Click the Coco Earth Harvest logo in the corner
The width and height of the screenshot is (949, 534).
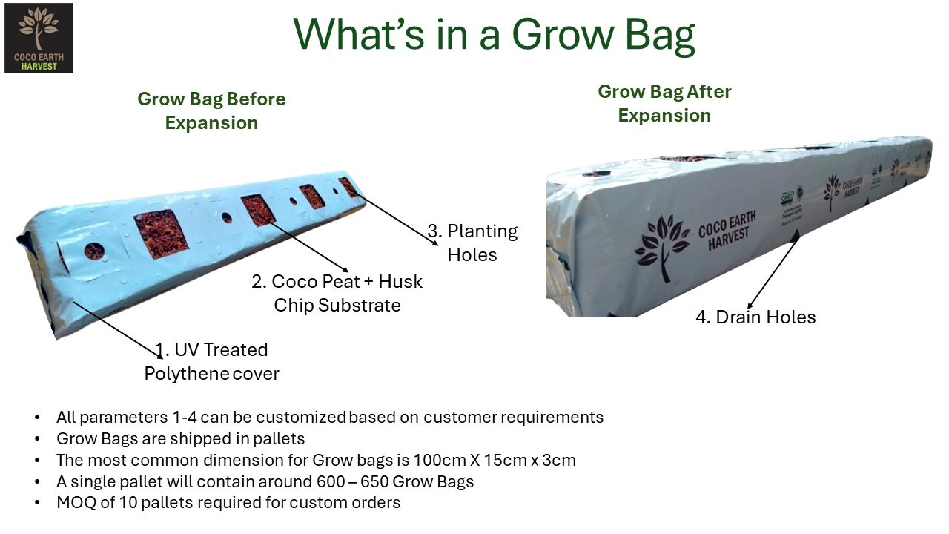[39, 38]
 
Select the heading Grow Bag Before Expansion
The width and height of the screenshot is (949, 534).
[211, 111]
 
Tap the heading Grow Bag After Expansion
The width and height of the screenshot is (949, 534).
[664, 103]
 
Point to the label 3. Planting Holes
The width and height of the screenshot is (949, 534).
[472, 243]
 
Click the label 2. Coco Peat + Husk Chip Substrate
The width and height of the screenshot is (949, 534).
[337, 293]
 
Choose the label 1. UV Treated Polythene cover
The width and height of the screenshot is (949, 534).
[211, 361]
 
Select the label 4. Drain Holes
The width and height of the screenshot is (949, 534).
[755, 317]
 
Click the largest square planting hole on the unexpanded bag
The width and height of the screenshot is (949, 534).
[161, 234]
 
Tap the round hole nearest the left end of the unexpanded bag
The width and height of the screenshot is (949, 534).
[94, 251]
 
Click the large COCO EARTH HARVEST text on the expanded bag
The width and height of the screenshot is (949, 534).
[728, 231]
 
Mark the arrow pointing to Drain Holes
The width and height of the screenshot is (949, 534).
[773, 270]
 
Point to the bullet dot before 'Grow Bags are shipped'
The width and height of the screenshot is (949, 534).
[37, 438]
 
